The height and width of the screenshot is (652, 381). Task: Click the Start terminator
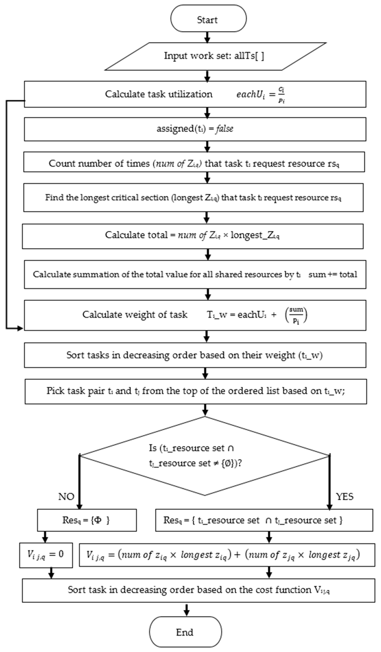tap(208, 19)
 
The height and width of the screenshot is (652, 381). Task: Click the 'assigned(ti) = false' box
tap(195, 129)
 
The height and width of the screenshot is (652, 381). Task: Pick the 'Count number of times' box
tap(194, 163)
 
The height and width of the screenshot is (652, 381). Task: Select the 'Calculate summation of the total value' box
tap(195, 274)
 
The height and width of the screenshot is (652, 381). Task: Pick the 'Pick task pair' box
tap(196, 391)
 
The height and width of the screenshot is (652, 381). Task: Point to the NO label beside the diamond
tap(66, 497)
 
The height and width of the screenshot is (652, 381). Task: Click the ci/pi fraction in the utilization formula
tap(281, 94)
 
